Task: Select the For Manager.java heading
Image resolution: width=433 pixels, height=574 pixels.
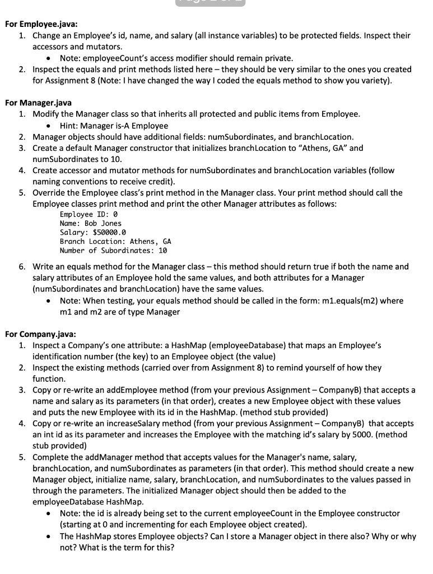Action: (38, 103)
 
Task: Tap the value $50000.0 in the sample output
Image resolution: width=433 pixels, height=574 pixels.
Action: (109, 232)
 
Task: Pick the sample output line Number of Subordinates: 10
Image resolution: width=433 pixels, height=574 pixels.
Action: (113, 250)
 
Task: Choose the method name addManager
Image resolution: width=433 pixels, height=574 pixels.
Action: (95, 457)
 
